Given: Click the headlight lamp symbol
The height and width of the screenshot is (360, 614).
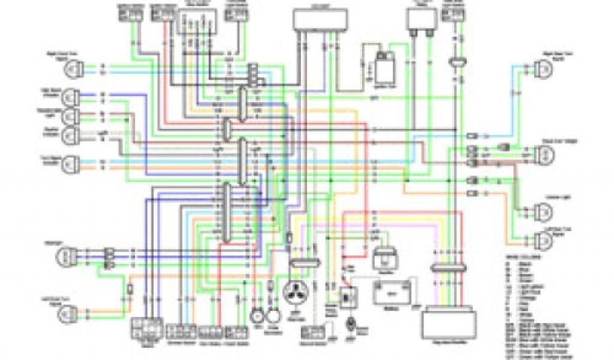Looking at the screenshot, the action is (x=65, y=256).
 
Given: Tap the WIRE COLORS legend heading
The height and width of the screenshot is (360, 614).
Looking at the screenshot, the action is (x=522, y=256).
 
